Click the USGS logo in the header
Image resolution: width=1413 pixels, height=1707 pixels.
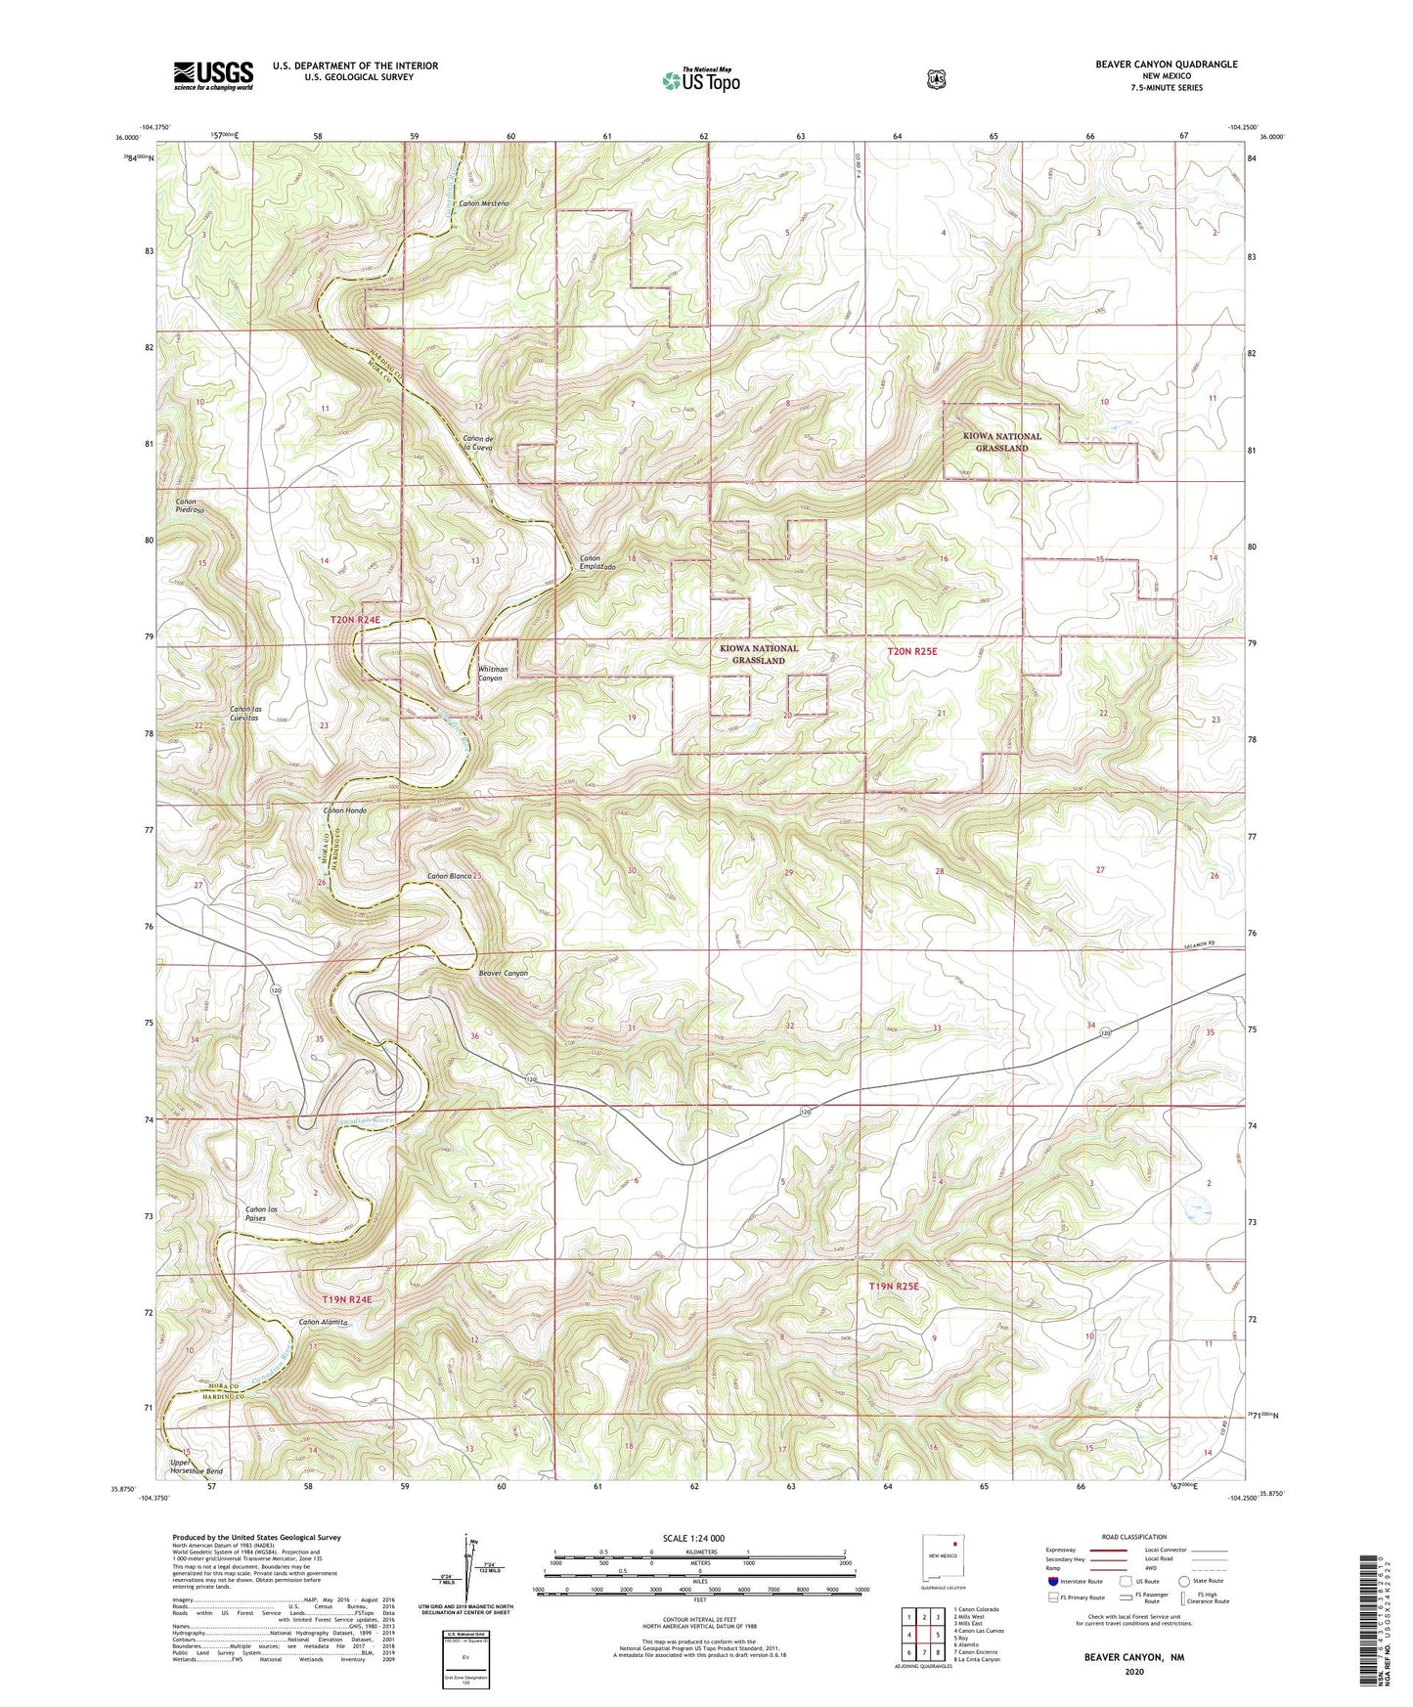click(213, 75)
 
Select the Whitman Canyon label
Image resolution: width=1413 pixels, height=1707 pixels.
click(490, 674)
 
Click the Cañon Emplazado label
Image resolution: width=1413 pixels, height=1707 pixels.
click(596, 563)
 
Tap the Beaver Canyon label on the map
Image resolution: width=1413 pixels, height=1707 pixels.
click(503, 973)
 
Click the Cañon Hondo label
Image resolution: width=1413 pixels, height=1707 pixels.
click(345, 810)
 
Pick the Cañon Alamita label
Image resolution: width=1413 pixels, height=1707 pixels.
click(323, 1322)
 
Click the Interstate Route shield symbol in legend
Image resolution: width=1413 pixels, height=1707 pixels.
click(1052, 1580)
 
